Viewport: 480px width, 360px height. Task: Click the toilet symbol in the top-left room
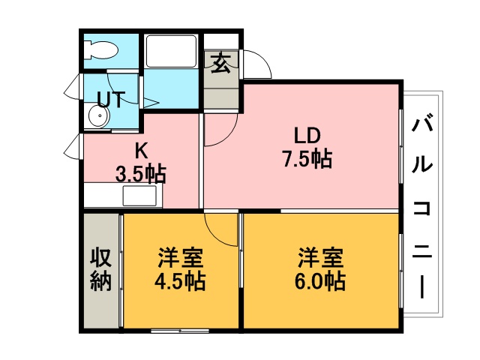tap(100, 49)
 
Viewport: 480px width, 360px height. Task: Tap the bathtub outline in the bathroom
tap(171, 51)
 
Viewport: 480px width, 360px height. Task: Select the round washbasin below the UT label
tap(99, 116)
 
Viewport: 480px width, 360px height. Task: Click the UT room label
tap(111, 99)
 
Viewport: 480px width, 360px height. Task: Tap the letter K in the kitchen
tap(141, 151)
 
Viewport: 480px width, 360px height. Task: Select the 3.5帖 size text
tap(141, 174)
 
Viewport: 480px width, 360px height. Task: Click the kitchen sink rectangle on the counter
tap(139, 196)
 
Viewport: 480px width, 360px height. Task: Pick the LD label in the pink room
tap(307, 136)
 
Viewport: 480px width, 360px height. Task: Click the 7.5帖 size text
tap(307, 159)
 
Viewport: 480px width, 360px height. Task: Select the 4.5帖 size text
tap(180, 281)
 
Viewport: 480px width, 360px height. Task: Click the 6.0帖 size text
tap(320, 281)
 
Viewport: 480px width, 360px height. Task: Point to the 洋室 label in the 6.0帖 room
tap(321, 258)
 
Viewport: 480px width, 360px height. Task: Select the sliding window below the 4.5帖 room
tap(180, 331)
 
